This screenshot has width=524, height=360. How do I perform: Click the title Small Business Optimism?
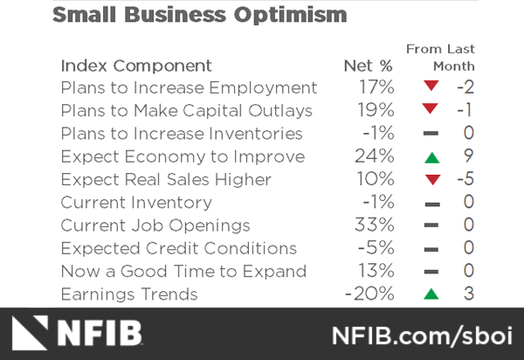(199, 16)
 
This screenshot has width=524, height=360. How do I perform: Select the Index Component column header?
(135, 66)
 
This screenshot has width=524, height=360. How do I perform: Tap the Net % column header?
(368, 66)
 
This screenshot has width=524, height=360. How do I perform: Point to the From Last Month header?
(440, 58)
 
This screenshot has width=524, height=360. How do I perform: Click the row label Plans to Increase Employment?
(189, 88)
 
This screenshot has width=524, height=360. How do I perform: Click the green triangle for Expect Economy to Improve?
(429, 157)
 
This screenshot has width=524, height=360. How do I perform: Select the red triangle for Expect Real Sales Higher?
(429, 180)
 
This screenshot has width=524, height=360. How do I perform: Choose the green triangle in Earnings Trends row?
(429, 294)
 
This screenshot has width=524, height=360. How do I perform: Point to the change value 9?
(468, 157)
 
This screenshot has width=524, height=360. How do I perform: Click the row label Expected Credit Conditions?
(179, 249)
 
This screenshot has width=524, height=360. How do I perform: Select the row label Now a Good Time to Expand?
(183, 272)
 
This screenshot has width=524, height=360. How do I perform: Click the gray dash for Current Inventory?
(429, 203)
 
